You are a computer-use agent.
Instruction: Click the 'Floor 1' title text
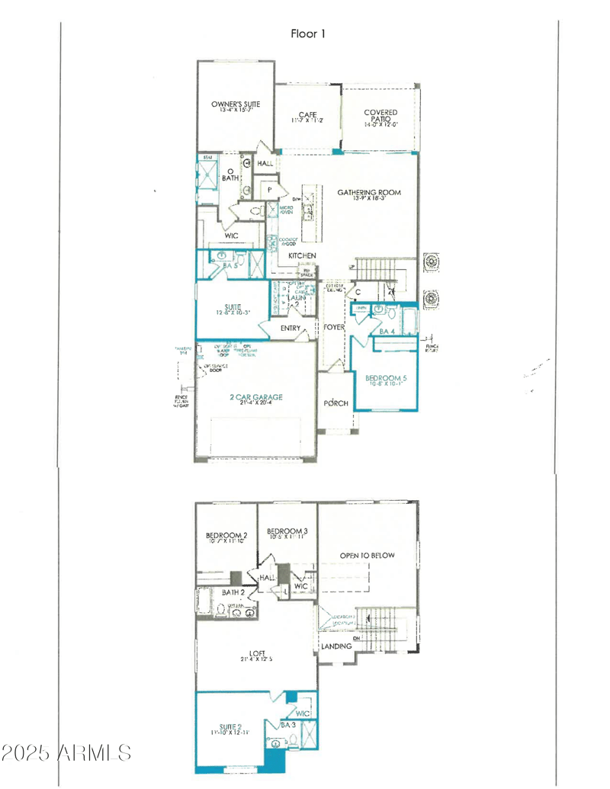pyautogui.click(x=308, y=34)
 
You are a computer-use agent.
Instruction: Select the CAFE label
pyautogui.click(x=307, y=114)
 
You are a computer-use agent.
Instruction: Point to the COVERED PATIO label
pyautogui.click(x=380, y=116)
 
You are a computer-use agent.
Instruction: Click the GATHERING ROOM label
pyautogui.click(x=369, y=192)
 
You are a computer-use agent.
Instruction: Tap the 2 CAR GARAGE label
pyautogui.click(x=256, y=397)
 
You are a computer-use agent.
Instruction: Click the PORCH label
pyautogui.click(x=336, y=403)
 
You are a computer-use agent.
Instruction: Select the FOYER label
pyautogui.click(x=335, y=327)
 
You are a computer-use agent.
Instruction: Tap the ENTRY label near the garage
pyautogui.click(x=291, y=328)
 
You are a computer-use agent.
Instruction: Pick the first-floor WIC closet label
pyautogui.click(x=231, y=236)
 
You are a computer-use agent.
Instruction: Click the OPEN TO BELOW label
pyautogui.click(x=368, y=555)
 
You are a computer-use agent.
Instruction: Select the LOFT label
pyautogui.click(x=256, y=653)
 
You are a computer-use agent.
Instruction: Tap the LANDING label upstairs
pyautogui.click(x=336, y=646)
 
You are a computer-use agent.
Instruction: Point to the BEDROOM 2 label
pyautogui.click(x=226, y=536)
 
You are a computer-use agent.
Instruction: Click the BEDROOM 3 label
pyautogui.click(x=287, y=531)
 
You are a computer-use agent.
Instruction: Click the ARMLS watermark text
pyautogui.click(x=66, y=753)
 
